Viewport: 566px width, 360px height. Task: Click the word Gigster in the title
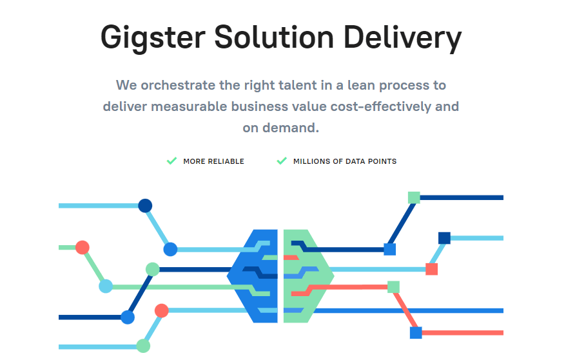coord(153,38)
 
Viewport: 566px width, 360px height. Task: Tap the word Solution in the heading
coord(275,37)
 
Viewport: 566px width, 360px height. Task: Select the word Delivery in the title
coord(402,38)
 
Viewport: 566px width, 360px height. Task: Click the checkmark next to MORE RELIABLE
coord(171,161)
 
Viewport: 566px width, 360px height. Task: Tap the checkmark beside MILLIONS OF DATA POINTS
coord(282,161)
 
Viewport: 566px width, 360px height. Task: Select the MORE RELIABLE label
coord(213,161)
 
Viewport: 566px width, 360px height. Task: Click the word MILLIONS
coord(311,161)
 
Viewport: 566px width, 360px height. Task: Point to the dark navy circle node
coord(145,206)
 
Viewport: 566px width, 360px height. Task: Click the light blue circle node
coord(106,286)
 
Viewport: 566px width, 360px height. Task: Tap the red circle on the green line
coord(83,248)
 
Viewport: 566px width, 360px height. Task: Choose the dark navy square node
coord(444,238)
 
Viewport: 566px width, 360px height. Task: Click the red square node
coord(432,270)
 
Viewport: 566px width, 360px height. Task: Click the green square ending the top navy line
coord(414,198)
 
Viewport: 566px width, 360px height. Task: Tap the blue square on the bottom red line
coord(416,333)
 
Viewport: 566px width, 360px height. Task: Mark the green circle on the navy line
coord(153,270)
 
